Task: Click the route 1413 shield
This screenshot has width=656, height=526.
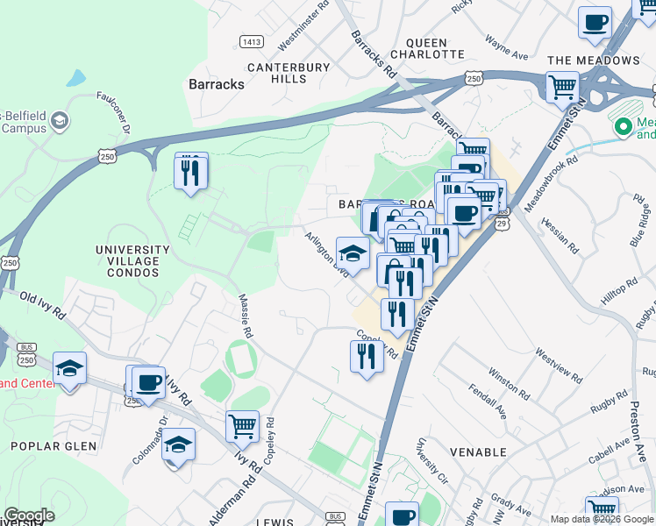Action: [x=252, y=41]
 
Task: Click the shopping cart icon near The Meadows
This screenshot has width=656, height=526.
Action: [x=562, y=87]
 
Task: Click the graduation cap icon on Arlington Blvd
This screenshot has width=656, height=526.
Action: [x=353, y=253]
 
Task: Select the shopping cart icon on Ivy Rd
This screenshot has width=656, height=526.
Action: [x=242, y=427]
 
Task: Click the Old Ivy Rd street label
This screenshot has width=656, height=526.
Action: [x=43, y=305]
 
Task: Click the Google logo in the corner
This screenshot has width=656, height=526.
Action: [x=29, y=515]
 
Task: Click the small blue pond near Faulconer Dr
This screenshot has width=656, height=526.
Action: [x=75, y=78]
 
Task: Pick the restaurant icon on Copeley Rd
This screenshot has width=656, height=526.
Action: [x=366, y=355]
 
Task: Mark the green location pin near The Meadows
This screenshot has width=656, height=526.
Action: [x=624, y=127]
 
